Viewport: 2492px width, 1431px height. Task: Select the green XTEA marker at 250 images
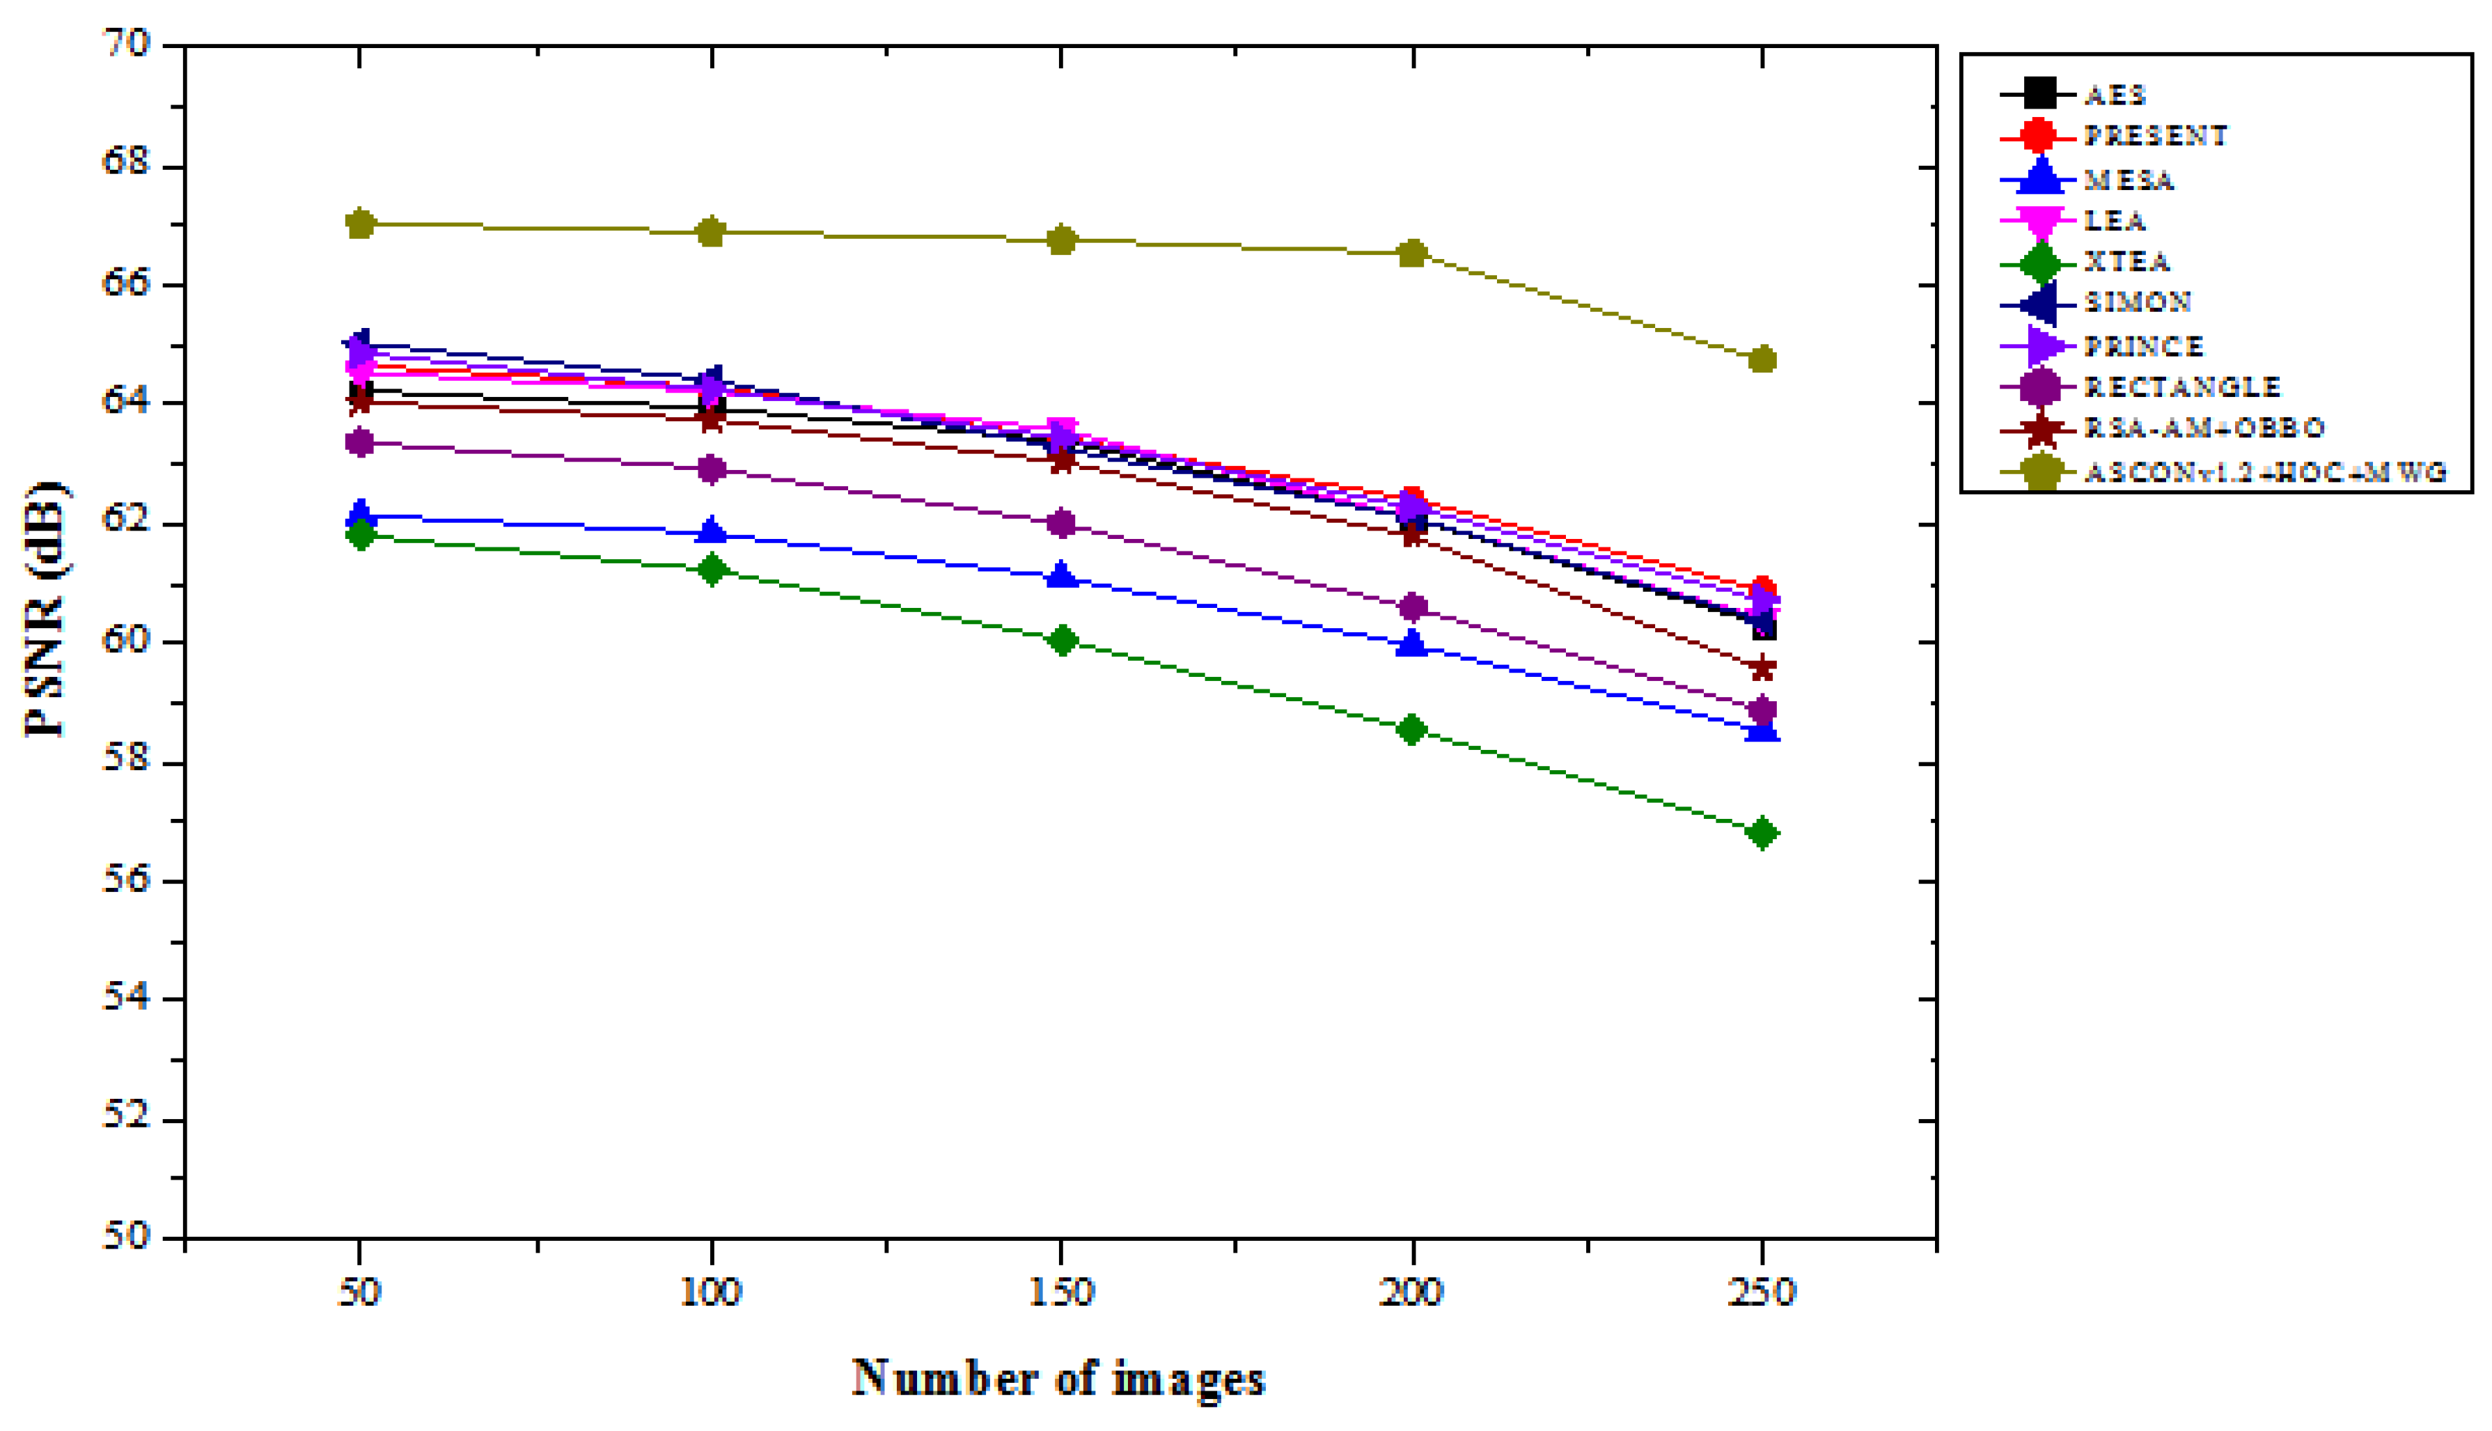(1763, 834)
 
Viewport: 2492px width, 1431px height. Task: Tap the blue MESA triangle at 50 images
(361, 513)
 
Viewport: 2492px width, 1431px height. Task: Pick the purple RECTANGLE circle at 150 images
(1061, 523)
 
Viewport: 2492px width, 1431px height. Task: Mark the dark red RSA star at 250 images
(1763, 668)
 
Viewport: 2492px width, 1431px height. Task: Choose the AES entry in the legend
(2115, 95)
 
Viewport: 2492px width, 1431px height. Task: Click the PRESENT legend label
(2156, 136)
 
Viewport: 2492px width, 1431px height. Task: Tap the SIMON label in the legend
(2138, 302)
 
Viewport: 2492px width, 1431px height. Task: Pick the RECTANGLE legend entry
(2182, 386)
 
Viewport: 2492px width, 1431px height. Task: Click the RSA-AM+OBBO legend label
(2204, 428)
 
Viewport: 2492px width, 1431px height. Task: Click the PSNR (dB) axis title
(45, 609)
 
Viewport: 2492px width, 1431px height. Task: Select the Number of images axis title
(1058, 1378)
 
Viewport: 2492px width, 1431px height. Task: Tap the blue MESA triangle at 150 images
(1061, 576)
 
